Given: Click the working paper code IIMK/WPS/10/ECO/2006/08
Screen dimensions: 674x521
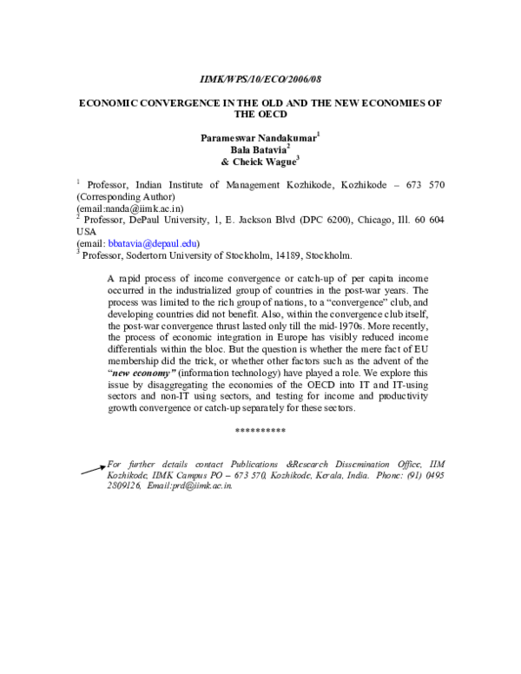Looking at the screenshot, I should pyautogui.click(x=260, y=77).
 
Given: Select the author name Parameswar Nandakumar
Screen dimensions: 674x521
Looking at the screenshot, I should pyautogui.click(x=259, y=136).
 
